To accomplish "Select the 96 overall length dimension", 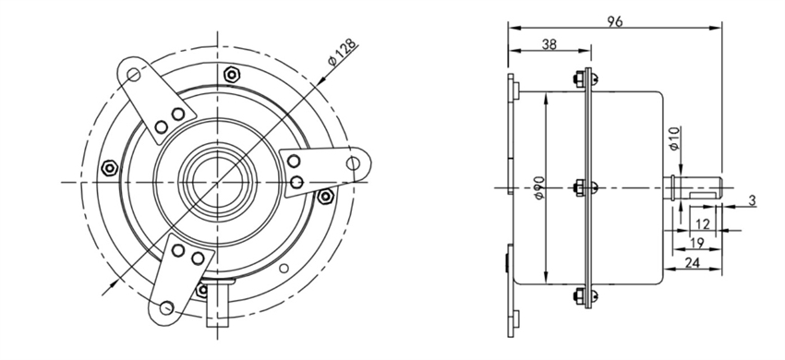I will [613, 18].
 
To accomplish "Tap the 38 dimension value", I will [549, 43].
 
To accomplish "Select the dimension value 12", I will [704, 224].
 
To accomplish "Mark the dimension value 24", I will [693, 263].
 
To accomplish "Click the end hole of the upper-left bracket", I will [135, 71].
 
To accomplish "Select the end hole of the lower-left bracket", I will [166, 306].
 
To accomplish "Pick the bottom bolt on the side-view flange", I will [585, 296].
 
